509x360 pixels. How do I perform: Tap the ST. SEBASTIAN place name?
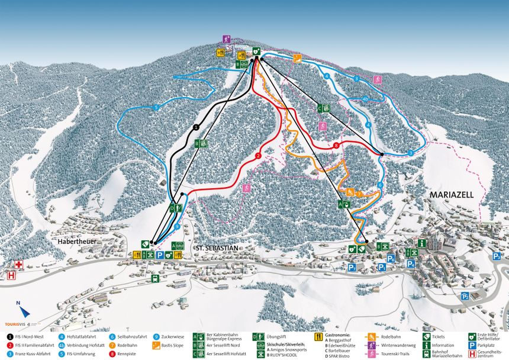[x=216, y=248]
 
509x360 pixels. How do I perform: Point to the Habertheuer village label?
[x=77, y=242]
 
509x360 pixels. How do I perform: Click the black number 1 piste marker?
[x=196, y=127]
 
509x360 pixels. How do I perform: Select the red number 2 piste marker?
[x=258, y=156]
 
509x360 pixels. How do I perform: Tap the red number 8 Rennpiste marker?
[x=336, y=145]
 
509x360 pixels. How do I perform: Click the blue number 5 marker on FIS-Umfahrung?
[x=156, y=107]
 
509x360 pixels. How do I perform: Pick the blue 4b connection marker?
[x=365, y=99]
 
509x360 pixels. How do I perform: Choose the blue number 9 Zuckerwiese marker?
[x=178, y=226]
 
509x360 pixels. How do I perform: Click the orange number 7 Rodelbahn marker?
[x=359, y=194]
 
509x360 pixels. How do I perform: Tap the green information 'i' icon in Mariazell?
[x=421, y=243]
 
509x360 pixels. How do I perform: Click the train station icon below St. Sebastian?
[x=155, y=279]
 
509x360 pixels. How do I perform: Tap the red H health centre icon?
[x=10, y=275]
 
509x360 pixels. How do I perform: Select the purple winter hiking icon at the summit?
[x=227, y=39]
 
